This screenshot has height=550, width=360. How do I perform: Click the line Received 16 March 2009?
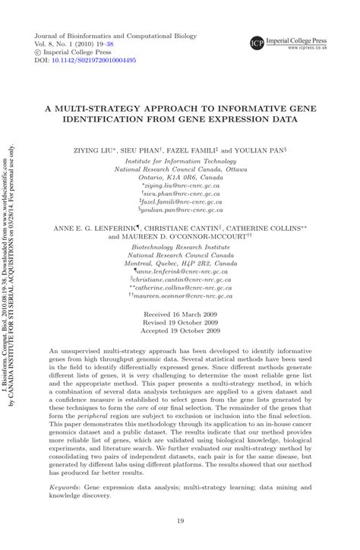click(180, 313)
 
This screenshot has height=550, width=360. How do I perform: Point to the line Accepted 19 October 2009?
click(180, 331)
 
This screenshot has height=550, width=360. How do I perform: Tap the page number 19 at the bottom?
click(179, 520)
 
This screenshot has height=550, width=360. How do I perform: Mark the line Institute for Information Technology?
click(180, 162)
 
